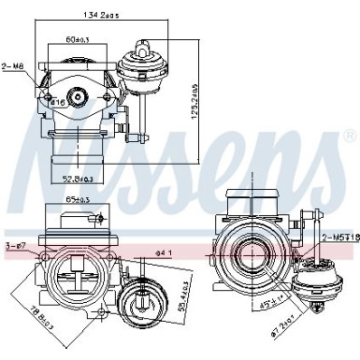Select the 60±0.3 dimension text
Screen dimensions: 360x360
(77, 40)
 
